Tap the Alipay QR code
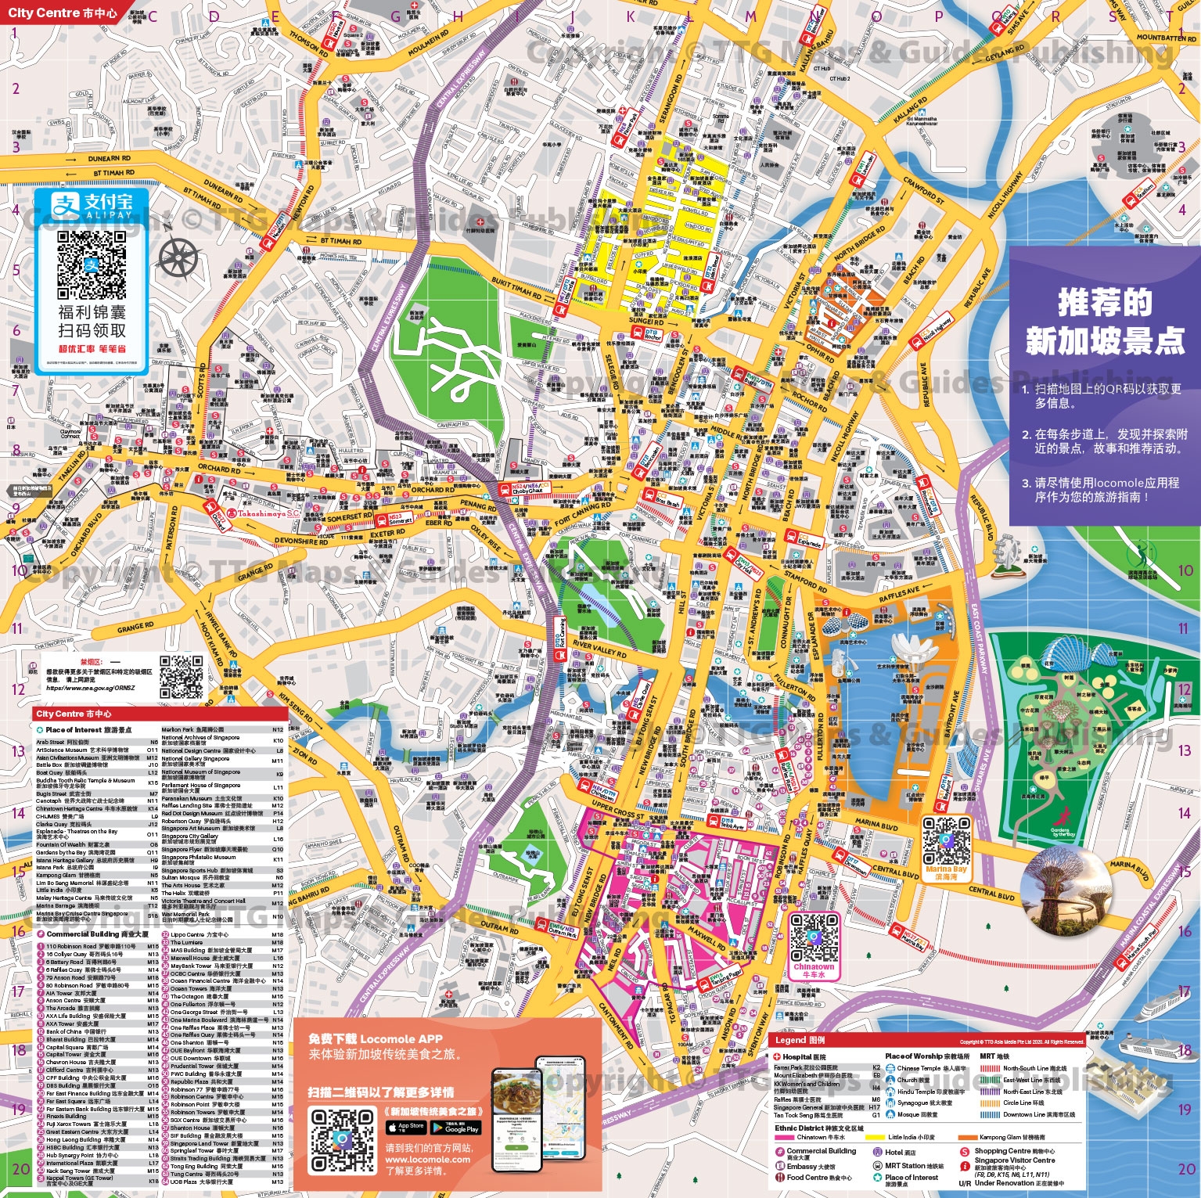pyautogui.click(x=92, y=265)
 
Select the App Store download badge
pyautogui.click(x=406, y=1128)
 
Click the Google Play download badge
pyautogui.click(x=461, y=1128)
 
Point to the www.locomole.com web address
pyautogui.click(x=427, y=1160)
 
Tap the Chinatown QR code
pyautogui.click(x=814, y=938)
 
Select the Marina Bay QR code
pyautogui.click(x=946, y=840)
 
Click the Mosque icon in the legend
pyautogui.click(x=890, y=1114)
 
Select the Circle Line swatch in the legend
pyautogui.click(x=991, y=1103)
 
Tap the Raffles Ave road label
pyautogui.click(x=899, y=595)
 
